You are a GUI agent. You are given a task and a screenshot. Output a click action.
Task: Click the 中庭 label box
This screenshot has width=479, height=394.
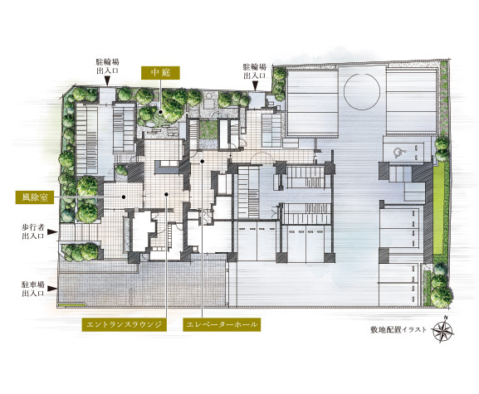pos(160,73)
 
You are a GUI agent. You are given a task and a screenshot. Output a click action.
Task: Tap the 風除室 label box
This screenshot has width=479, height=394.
pos(35,197)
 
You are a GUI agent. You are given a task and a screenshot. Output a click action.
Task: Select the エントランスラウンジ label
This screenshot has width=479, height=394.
pos(125,324)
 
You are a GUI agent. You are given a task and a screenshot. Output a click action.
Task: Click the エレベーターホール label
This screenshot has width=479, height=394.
pos(222,324)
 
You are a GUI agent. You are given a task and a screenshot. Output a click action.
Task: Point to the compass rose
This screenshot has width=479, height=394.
pos(442,329)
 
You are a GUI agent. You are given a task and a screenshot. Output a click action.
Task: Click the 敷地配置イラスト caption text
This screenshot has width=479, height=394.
pos(398,329)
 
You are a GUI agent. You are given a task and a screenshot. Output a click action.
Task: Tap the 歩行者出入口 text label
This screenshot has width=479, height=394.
pos(33,231)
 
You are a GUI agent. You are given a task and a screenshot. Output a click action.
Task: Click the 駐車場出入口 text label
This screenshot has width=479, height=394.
pos(33,289)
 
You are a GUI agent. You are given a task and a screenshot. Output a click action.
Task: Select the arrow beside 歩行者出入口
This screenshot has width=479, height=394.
pos(52,232)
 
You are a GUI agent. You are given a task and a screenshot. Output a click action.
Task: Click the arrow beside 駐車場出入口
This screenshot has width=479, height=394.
pos(52,289)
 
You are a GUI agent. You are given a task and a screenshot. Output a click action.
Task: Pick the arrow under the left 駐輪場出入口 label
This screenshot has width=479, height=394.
pos(107,81)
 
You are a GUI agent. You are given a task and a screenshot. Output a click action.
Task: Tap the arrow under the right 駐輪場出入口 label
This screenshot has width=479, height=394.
pos(255,85)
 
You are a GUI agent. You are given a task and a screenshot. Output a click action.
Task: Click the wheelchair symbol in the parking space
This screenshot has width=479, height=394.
pos(397,153)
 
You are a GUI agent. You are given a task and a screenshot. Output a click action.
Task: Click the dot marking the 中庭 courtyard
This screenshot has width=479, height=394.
pos(160,112)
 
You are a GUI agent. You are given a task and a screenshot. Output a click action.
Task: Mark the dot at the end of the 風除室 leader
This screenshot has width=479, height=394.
pos(124,197)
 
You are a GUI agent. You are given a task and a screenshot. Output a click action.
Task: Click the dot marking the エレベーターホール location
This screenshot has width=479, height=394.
pos(202,161)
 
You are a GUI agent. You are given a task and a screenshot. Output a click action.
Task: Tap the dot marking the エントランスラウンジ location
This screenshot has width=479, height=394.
pos(166,194)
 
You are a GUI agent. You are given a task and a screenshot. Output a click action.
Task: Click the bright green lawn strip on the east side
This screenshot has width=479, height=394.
pos(438,207)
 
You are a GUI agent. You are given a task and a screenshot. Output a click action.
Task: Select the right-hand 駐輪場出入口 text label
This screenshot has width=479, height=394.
pos(255,71)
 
